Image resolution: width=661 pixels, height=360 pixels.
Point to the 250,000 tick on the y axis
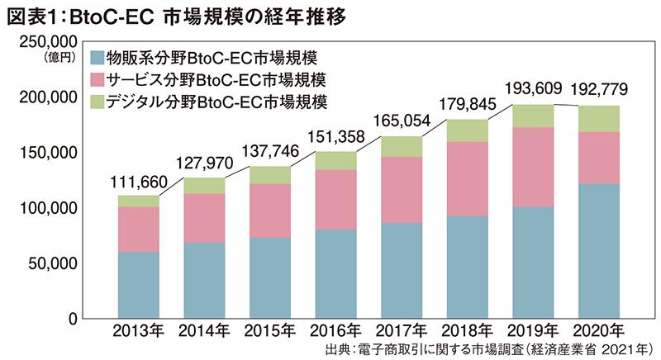pos(50,42)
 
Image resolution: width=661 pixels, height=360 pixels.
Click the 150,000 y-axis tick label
pos(50,153)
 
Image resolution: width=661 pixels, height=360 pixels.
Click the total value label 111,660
pos(138,182)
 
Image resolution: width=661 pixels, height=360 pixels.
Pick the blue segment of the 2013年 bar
pos(138,285)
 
